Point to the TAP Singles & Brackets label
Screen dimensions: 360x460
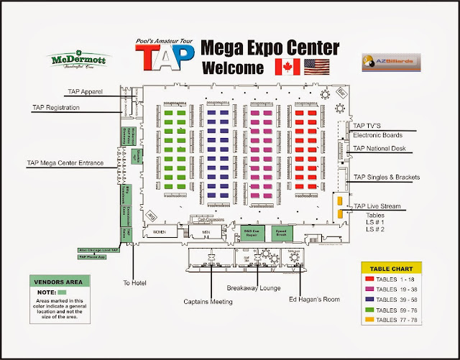pyautogui.click(x=387, y=177)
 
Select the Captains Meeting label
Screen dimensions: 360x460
pyautogui.click(x=208, y=302)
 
